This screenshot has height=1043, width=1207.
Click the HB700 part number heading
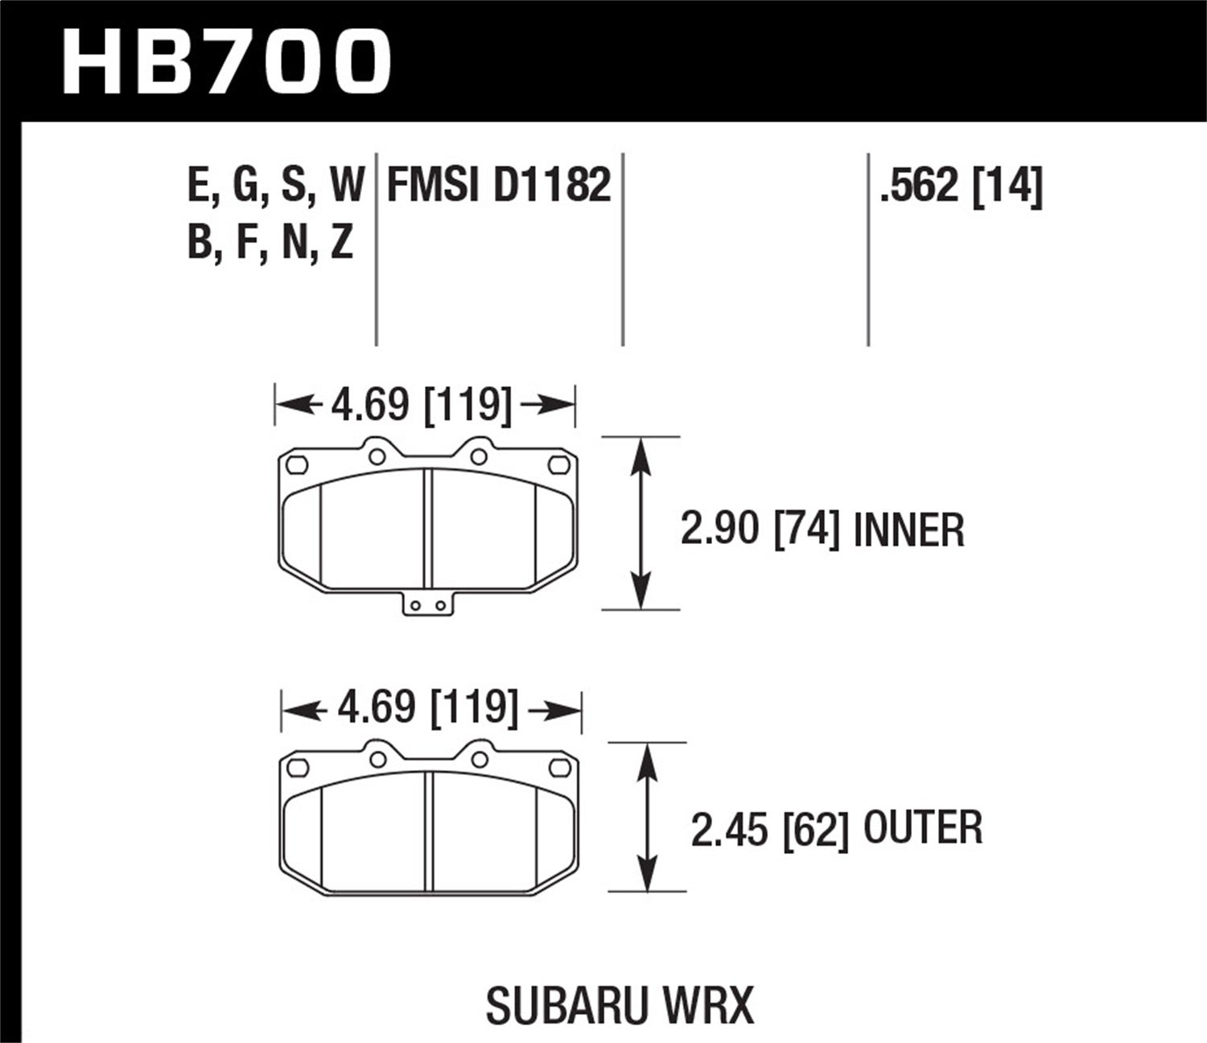click(226, 62)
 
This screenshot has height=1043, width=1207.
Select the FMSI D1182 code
click(499, 185)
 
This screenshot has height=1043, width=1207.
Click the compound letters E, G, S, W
click(276, 185)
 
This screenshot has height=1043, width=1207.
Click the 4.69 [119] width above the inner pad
click(421, 404)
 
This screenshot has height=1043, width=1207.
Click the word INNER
click(908, 530)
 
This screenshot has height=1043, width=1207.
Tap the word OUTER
click(923, 828)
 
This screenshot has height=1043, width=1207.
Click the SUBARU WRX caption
click(620, 1005)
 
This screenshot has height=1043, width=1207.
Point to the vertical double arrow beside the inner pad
click(640, 523)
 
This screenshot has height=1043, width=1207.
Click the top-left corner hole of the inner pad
click(297, 464)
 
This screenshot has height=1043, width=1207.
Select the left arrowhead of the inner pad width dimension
click(290, 404)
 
